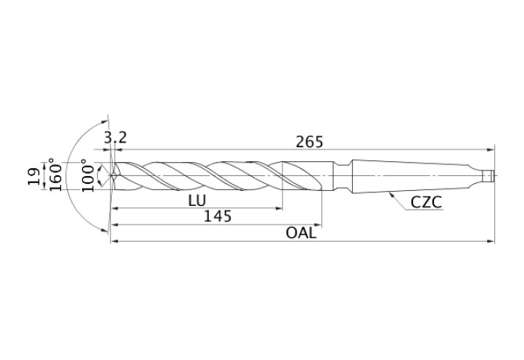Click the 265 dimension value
pyautogui.click(x=310, y=142)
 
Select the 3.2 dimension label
pyautogui.click(x=115, y=138)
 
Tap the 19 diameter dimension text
pyautogui.click(x=34, y=176)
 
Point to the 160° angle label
pyautogui.click(x=56, y=175)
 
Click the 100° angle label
pyautogui.click(x=88, y=175)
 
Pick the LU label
pyautogui.click(x=197, y=200)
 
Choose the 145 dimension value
pyautogui.click(x=217, y=216)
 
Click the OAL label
pyautogui.click(x=301, y=232)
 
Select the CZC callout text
pyautogui.click(x=426, y=202)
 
